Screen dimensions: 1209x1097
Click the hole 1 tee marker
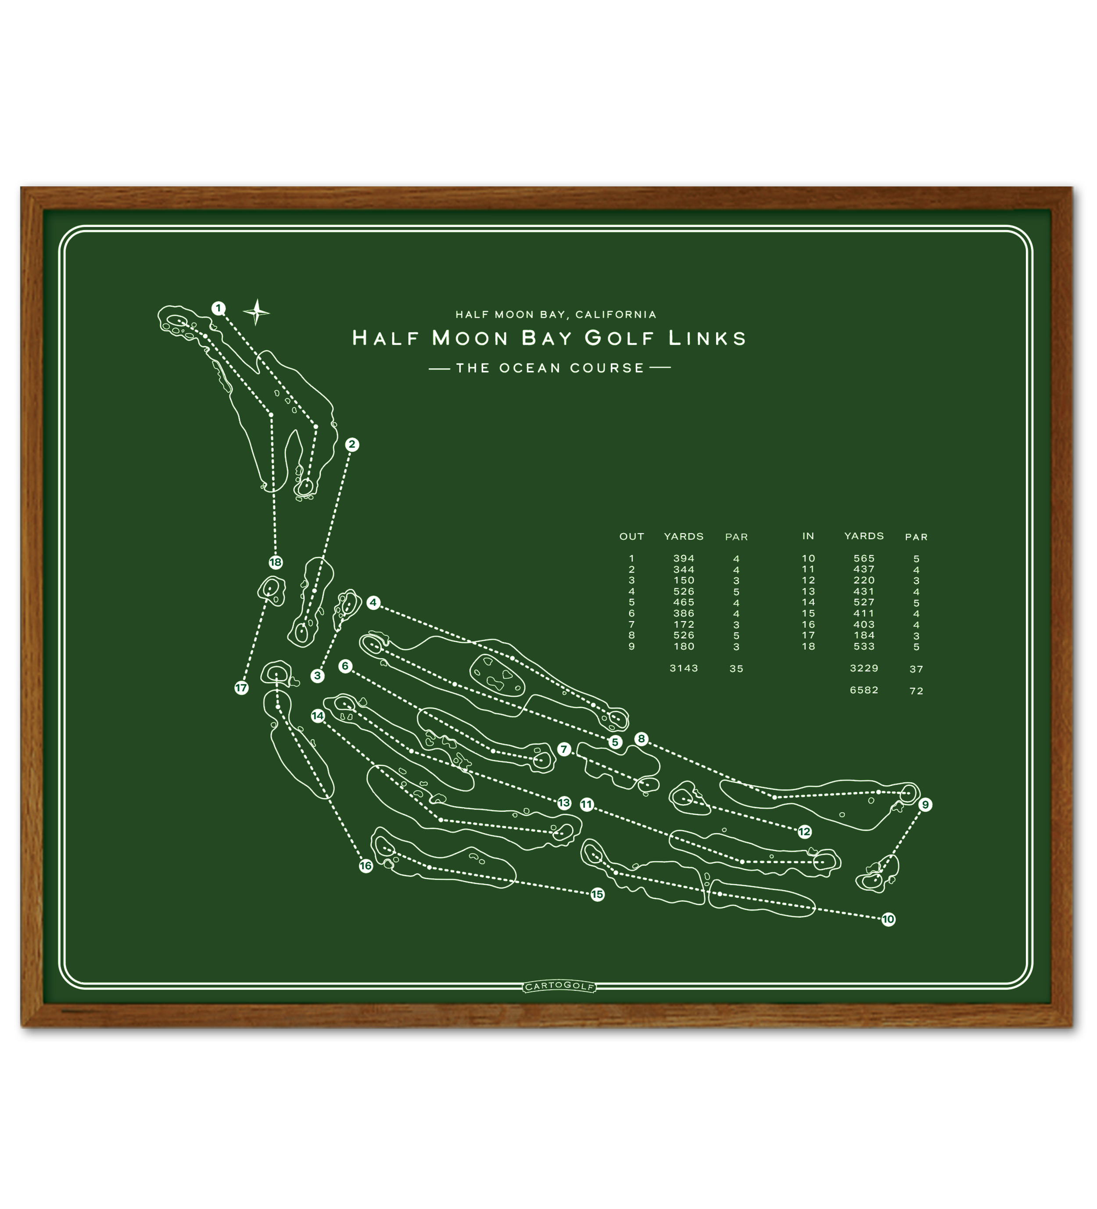click(218, 308)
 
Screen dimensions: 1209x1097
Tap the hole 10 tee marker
click(888, 919)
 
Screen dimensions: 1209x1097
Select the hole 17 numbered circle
click(241, 688)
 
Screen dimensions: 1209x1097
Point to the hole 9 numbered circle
click(925, 805)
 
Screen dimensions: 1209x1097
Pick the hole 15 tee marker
click(597, 895)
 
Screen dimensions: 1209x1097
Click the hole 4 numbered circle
click(373, 603)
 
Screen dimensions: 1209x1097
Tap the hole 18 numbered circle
click(275, 562)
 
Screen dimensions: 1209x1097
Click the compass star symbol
click(257, 312)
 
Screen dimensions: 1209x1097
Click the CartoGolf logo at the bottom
click(559, 986)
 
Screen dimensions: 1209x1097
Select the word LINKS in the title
click(707, 338)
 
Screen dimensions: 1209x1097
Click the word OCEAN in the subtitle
click(530, 367)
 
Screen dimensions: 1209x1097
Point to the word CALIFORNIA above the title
click(616, 314)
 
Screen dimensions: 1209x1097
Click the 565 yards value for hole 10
click(864, 558)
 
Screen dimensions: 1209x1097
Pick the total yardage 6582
click(864, 690)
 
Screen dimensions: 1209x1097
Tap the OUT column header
click(631, 537)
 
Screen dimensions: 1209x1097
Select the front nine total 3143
click(683, 668)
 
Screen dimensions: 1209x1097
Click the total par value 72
click(916, 691)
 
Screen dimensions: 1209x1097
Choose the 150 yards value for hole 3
click(683, 580)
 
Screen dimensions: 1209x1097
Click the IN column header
click(808, 536)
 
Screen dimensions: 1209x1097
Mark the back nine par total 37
click(916, 669)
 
